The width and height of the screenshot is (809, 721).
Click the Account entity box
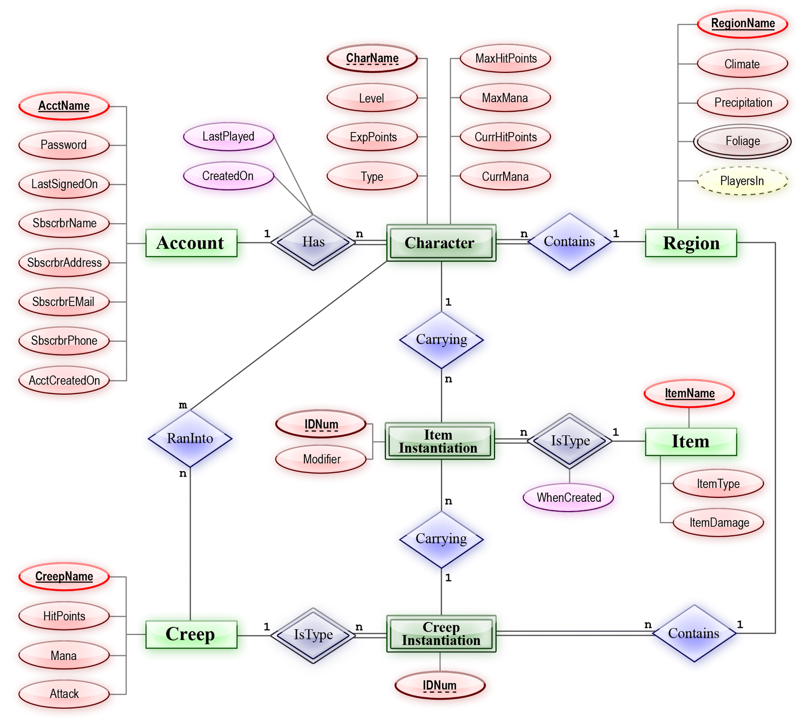pos(191,243)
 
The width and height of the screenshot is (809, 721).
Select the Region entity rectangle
pos(691,243)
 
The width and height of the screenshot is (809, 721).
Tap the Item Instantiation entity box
pos(439,441)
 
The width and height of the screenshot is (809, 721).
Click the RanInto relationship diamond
pos(190,438)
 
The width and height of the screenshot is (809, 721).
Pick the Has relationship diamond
pos(313,242)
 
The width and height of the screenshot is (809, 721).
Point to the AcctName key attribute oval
pos(64,106)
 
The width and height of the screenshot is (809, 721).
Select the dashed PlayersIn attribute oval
pos(742,181)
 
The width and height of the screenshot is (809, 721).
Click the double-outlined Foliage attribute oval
pos(742,141)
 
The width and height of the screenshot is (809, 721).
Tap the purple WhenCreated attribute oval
pos(568,497)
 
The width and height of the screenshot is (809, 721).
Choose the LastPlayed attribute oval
pos(228,137)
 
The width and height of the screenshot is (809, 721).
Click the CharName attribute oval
pos(372,59)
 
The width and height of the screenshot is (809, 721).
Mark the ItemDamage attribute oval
pos(718,523)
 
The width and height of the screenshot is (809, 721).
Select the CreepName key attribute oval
pos(64,577)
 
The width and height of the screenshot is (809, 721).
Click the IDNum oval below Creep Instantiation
pos(439,686)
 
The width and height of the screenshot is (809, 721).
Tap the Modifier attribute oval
pos(322,459)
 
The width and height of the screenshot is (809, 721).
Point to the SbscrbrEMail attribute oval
pos(64,302)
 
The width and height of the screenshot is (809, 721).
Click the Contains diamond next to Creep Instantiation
pos(694,633)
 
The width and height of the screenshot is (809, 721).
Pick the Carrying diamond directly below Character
pos(441,340)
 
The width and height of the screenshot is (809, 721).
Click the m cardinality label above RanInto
pos(183,405)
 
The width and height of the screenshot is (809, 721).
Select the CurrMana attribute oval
pos(505,177)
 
